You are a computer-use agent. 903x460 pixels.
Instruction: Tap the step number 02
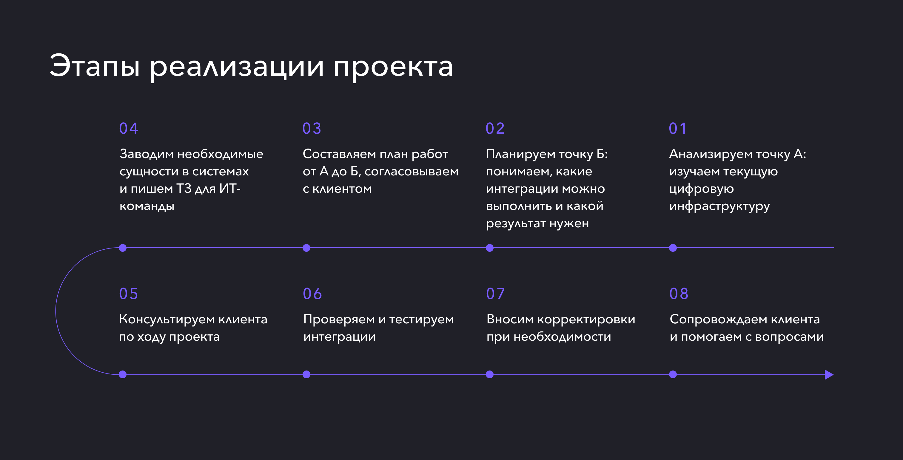[495, 129]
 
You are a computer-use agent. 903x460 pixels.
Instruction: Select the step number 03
[312, 129]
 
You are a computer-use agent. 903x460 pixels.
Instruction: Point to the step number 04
[129, 129]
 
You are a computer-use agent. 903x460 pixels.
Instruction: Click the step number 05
[129, 294]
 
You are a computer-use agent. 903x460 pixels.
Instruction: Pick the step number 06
[312, 294]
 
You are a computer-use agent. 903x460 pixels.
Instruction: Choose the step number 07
[495, 294]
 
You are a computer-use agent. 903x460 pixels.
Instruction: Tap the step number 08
[679, 294]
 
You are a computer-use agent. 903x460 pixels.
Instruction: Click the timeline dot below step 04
[123, 248]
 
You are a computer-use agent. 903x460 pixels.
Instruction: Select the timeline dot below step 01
[673, 248]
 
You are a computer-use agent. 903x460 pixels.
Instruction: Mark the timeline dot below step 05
[123, 374]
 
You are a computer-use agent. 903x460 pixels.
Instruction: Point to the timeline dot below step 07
[490, 374]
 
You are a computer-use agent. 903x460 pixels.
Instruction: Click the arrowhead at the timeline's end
[829, 374]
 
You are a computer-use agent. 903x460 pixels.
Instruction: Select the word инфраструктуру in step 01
[719, 206]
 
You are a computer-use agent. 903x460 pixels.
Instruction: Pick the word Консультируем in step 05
[167, 319]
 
